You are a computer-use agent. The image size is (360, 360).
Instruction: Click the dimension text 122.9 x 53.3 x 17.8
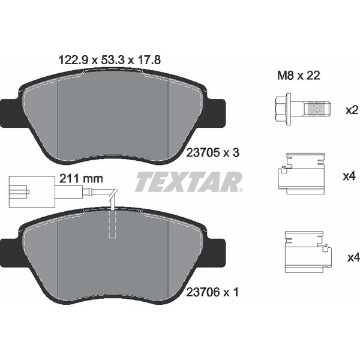(109, 60)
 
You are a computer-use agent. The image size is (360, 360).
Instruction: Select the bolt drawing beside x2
(300, 109)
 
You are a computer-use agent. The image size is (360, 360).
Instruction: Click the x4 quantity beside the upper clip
(350, 176)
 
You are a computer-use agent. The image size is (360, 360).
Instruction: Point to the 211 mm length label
(82, 178)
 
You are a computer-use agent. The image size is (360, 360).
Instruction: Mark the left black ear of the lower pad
(10, 248)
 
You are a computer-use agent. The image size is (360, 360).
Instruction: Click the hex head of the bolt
(283, 109)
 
